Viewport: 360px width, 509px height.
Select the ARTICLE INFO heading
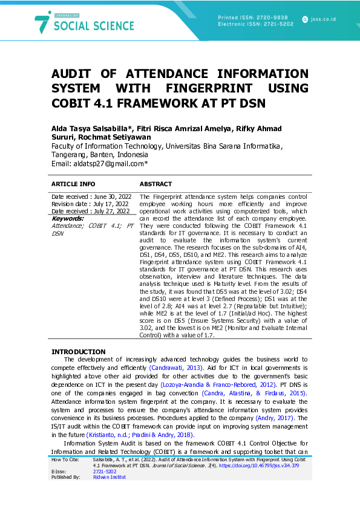73,184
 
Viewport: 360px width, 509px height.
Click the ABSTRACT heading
155,184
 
